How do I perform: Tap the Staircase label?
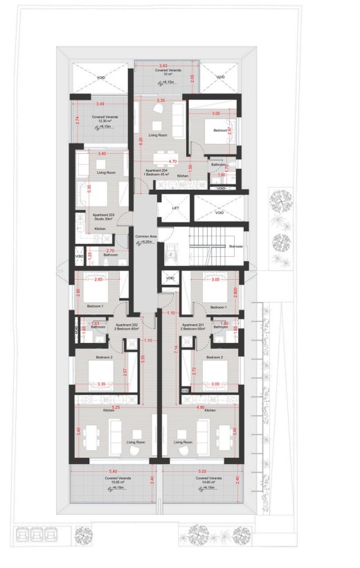click(235, 245)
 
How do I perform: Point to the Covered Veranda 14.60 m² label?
click(208, 481)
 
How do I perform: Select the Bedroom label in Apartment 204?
click(219, 130)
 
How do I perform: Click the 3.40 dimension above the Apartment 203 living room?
click(102, 153)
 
